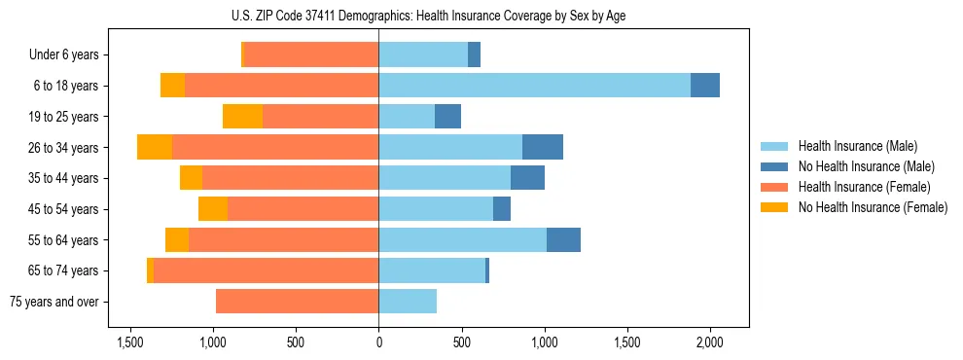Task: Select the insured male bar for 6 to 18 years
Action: coord(534,86)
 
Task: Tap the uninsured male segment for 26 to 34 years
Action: coord(543,147)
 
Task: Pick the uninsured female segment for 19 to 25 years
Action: coord(242,117)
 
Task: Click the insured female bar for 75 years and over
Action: coord(297,302)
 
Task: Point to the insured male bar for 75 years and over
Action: coord(408,302)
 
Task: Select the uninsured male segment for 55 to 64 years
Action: coord(563,239)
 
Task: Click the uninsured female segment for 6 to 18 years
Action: coord(172,86)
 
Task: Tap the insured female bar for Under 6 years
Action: coord(311,54)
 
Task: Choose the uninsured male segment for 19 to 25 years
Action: coord(447,117)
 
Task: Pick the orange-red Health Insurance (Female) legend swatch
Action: coord(774,187)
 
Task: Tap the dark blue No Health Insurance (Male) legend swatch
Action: coord(774,166)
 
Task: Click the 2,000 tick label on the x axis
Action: coord(710,342)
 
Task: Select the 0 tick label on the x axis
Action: coord(378,342)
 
